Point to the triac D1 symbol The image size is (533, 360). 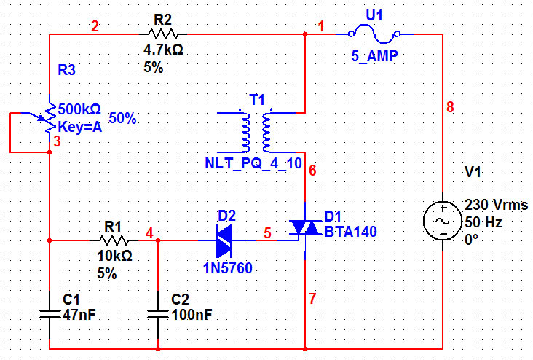coord(304,229)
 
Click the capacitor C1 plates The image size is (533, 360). coord(49,313)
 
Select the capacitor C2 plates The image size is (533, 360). coord(158,313)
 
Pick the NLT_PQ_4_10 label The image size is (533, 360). coord(253,163)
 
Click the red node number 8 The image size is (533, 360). coord(450,107)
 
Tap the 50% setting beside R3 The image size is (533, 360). coord(122,118)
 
